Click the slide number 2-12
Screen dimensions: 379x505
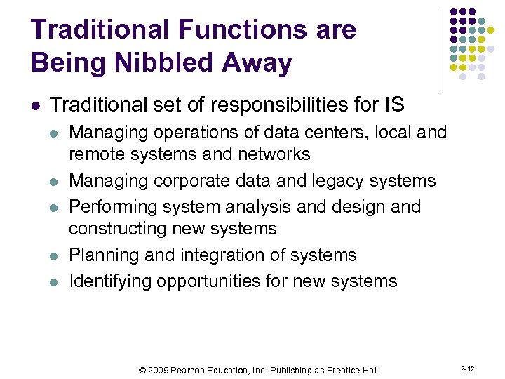click(x=467, y=368)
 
